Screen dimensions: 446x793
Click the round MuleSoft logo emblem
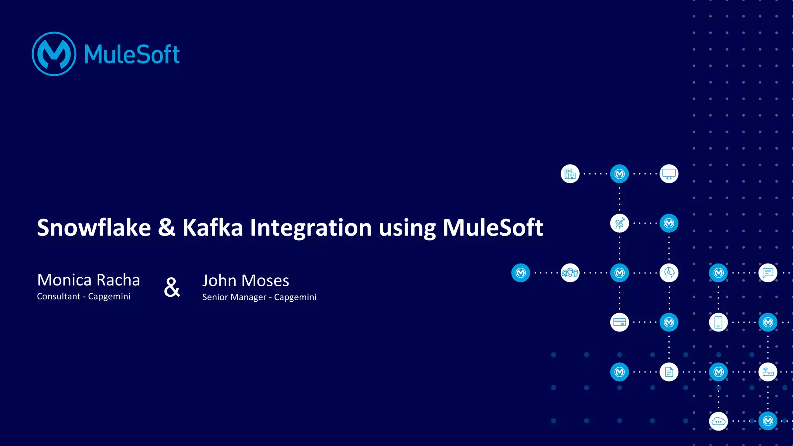click(x=54, y=54)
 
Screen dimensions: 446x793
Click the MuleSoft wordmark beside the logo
click(x=132, y=55)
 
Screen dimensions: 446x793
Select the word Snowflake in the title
click(x=94, y=227)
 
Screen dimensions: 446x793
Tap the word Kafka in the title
click(x=213, y=227)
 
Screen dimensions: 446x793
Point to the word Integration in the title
click(x=311, y=227)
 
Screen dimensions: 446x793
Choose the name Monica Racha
click(x=88, y=280)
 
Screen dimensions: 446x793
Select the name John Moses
click(x=245, y=281)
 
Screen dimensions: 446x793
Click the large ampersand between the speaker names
click(x=172, y=287)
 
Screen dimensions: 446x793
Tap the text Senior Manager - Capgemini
click(x=259, y=297)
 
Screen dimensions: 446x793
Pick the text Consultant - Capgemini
click(x=84, y=296)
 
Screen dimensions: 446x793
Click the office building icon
click(x=570, y=174)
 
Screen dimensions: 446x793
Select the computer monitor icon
click(x=669, y=174)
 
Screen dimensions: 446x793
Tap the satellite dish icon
click(x=620, y=223)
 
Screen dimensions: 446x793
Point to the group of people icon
click(x=570, y=273)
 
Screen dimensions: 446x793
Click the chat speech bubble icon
click(x=768, y=273)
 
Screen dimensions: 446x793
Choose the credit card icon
click(x=620, y=322)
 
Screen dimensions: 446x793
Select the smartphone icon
click(x=718, y=322)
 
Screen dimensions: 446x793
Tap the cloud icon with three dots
click(x=718, y=421)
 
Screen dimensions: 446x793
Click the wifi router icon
click(x=768, y=372)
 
